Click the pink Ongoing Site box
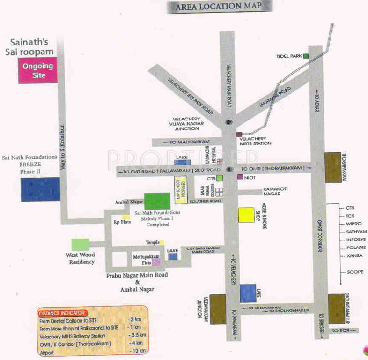coord(37,70)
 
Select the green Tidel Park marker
coord(306,56)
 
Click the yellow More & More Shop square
coord(246,214)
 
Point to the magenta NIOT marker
coord(240,177)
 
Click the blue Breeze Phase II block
coord(40,189)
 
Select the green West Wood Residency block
coord(80,244)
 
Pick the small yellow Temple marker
coord(162,243)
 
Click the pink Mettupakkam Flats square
coord(149,262)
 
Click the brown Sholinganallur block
coord(337,308)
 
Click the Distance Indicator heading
coord(62,312)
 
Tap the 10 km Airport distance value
coord(139,351)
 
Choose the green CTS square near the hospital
coord(219,178)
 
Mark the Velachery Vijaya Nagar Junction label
coord(186,123)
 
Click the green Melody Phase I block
coord(157,201)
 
